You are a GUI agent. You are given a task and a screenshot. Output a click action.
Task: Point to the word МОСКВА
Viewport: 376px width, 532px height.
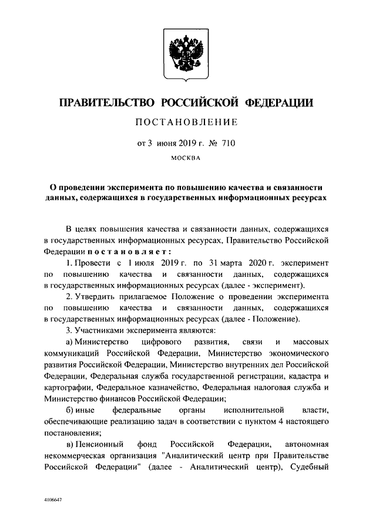click(185, 157)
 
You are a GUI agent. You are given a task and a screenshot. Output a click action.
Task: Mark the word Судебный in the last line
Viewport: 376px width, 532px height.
click(310, 467)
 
